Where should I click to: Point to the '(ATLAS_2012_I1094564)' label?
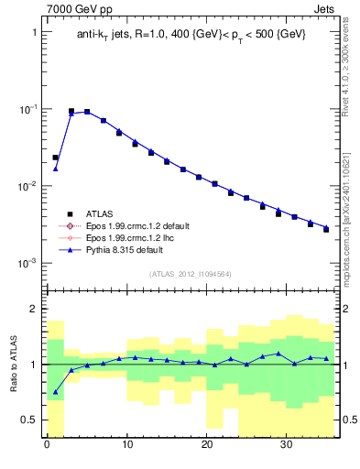[191, 273]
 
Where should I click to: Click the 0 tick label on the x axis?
[47, 446]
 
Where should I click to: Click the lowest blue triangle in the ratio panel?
[55, 392]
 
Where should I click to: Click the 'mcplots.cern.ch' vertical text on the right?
[351, 229]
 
